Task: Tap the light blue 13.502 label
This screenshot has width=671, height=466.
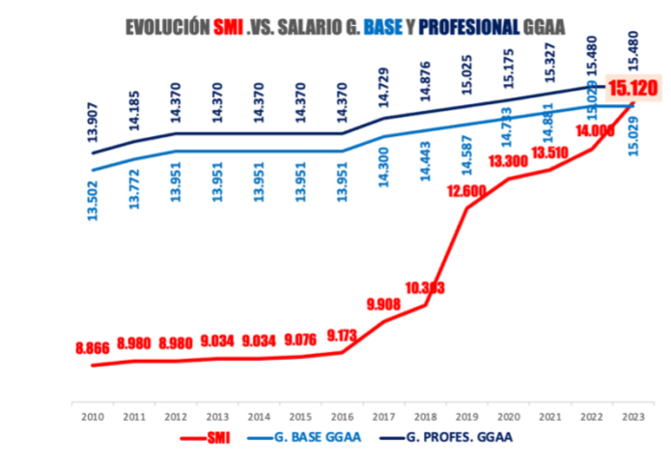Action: click(x=93, y=199)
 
